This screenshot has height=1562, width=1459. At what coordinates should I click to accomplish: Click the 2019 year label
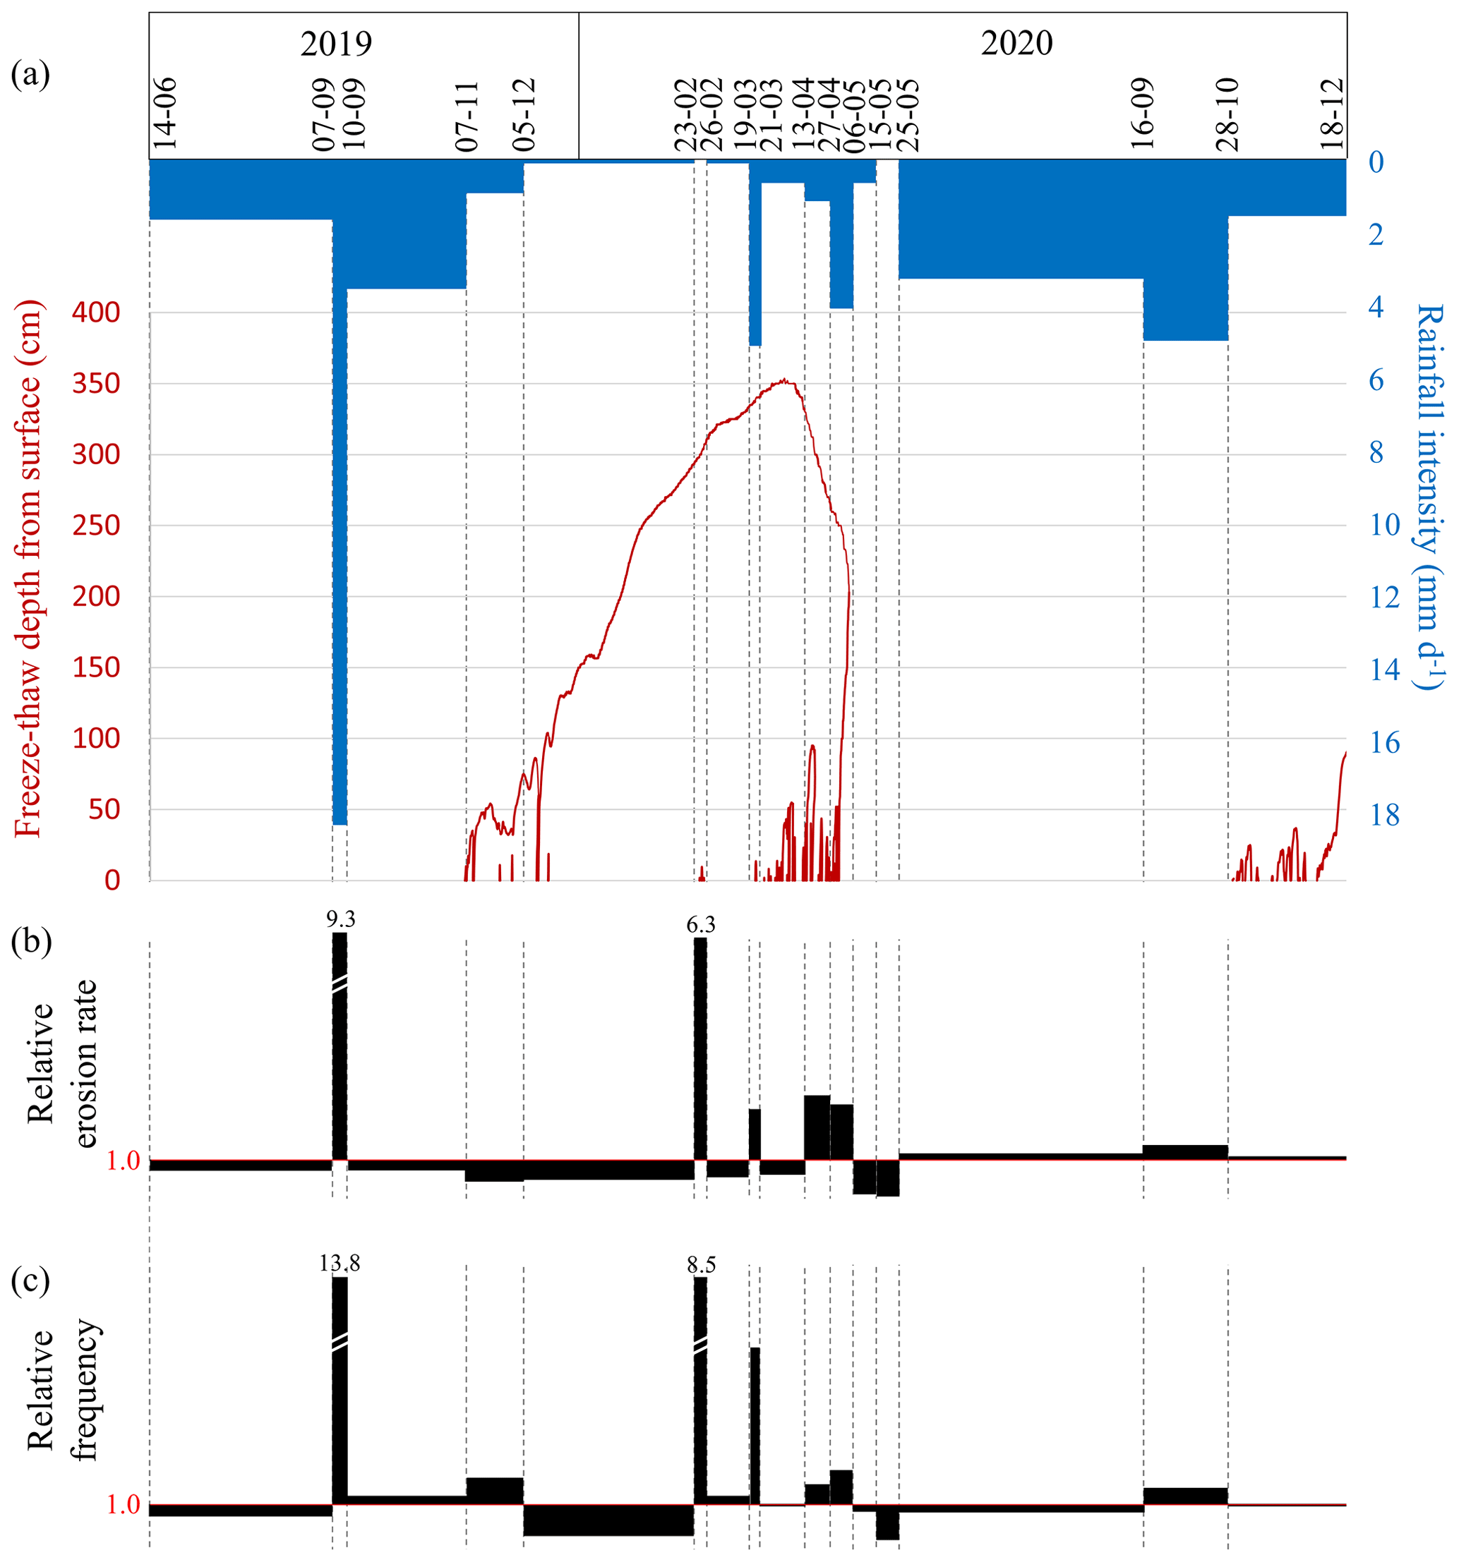coord(336,43)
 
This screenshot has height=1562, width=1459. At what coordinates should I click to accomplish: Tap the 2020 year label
coord(1016,43)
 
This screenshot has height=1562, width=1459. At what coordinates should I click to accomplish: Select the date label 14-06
coord(165,114)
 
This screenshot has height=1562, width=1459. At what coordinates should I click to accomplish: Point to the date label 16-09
coord(1142,114)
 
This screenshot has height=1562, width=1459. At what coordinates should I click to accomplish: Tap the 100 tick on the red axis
coord(96,739)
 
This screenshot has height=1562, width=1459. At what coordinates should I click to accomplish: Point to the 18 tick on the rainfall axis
coord(1384,816)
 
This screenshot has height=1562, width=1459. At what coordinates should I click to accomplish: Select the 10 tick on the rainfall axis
coord(1384,525)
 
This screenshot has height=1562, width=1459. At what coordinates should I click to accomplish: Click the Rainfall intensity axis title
coord(1430,497)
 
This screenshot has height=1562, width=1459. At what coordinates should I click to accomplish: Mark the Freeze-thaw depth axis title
coord(28,569)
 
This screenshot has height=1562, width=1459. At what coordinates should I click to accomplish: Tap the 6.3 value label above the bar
coord(700,925)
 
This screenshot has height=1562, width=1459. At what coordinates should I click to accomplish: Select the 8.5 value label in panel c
coord(701,1265)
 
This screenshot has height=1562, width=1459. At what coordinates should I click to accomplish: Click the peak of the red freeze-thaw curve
coord(783,381)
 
